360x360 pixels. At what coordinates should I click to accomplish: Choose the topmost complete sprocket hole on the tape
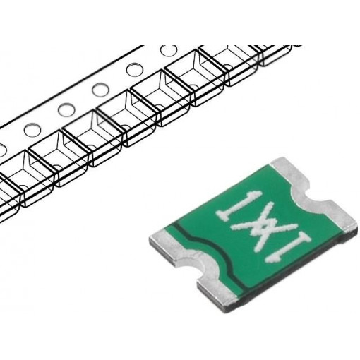[x=169, y=51]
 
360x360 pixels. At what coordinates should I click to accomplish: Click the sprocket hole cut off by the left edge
[x=2, y=148]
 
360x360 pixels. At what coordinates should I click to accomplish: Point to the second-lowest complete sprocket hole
[x=66, y=110]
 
